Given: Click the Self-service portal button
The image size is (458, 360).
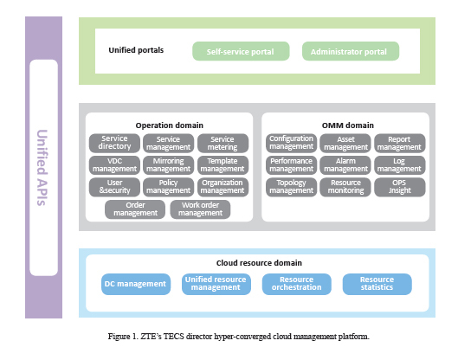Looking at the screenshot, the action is (241, 51).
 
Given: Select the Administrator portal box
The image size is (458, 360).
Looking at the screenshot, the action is (351, 51).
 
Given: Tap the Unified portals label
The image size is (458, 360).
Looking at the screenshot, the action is (136, 50).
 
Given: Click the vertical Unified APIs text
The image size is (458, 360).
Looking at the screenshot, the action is (42, 168).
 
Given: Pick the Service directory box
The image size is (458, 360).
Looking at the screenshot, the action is (114, 143).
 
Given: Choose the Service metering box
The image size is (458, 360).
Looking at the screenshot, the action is (223, 143).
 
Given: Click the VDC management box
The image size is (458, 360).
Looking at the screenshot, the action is (114, 165).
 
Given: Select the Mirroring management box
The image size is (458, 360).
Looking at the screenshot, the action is (168, 165).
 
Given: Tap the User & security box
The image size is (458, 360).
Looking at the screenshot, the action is (114, 187).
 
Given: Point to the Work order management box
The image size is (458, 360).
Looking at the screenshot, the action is (200, 209).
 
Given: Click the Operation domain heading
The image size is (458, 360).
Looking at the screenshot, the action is (170, 125).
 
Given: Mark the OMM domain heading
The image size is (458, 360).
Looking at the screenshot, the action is (347, 125).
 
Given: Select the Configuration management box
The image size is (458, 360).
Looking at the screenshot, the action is (291, 143).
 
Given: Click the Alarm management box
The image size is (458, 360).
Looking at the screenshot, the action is (345, 165).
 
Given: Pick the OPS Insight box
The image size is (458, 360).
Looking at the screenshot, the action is (400, 187).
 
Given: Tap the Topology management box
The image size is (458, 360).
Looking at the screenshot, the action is (291, 187).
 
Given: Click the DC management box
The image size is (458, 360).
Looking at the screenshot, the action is (136, 284).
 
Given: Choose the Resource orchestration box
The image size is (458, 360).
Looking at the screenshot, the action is (297, 284).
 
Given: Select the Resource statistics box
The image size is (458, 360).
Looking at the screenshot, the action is (377, 284).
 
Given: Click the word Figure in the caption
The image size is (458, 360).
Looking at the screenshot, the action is (119, 337).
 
